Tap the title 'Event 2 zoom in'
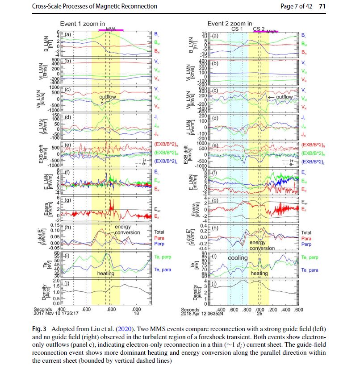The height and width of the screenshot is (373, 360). click(x=230, y=23)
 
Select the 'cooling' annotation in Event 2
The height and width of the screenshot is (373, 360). click(x=238, y=257)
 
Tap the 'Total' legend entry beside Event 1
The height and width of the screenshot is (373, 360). click(x=159, y=232)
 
